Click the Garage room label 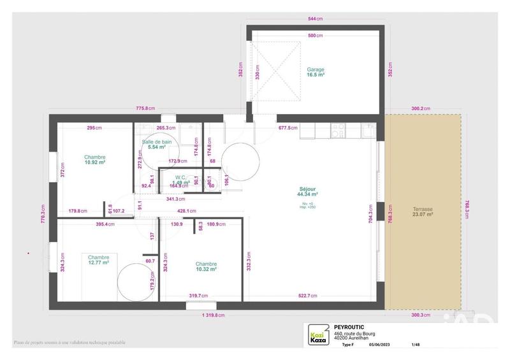tap(316, 69)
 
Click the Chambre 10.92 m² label tap(94, 157)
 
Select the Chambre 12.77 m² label tap(98, 257)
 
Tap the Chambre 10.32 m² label tap(206, 264)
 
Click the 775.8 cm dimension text tap(146, 108)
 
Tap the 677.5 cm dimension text tap(288, 127)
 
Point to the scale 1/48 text tap(416, 345)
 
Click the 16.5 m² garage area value tap(316, 75)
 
